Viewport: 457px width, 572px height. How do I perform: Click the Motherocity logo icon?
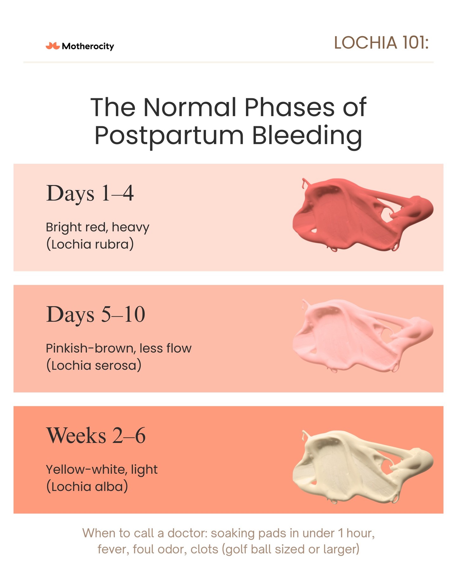coord(53,46)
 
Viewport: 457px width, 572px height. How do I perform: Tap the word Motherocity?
coord(88,46)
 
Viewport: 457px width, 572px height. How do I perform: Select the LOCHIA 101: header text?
coord(381,43)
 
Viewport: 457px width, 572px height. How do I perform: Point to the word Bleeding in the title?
coord(307,135)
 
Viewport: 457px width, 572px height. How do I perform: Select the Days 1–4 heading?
coord(90,193)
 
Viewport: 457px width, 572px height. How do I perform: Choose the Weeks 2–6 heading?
coord(96,435)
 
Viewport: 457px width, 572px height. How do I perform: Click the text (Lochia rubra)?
coord(90,244)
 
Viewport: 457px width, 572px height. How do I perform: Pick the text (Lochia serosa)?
coord(94,365)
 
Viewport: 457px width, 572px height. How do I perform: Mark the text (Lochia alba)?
coord(87,487)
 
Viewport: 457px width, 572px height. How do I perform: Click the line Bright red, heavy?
coord(98,228)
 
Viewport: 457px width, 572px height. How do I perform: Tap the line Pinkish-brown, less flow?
coord(119,349)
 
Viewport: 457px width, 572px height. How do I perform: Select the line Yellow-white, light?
coord(102,470)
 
